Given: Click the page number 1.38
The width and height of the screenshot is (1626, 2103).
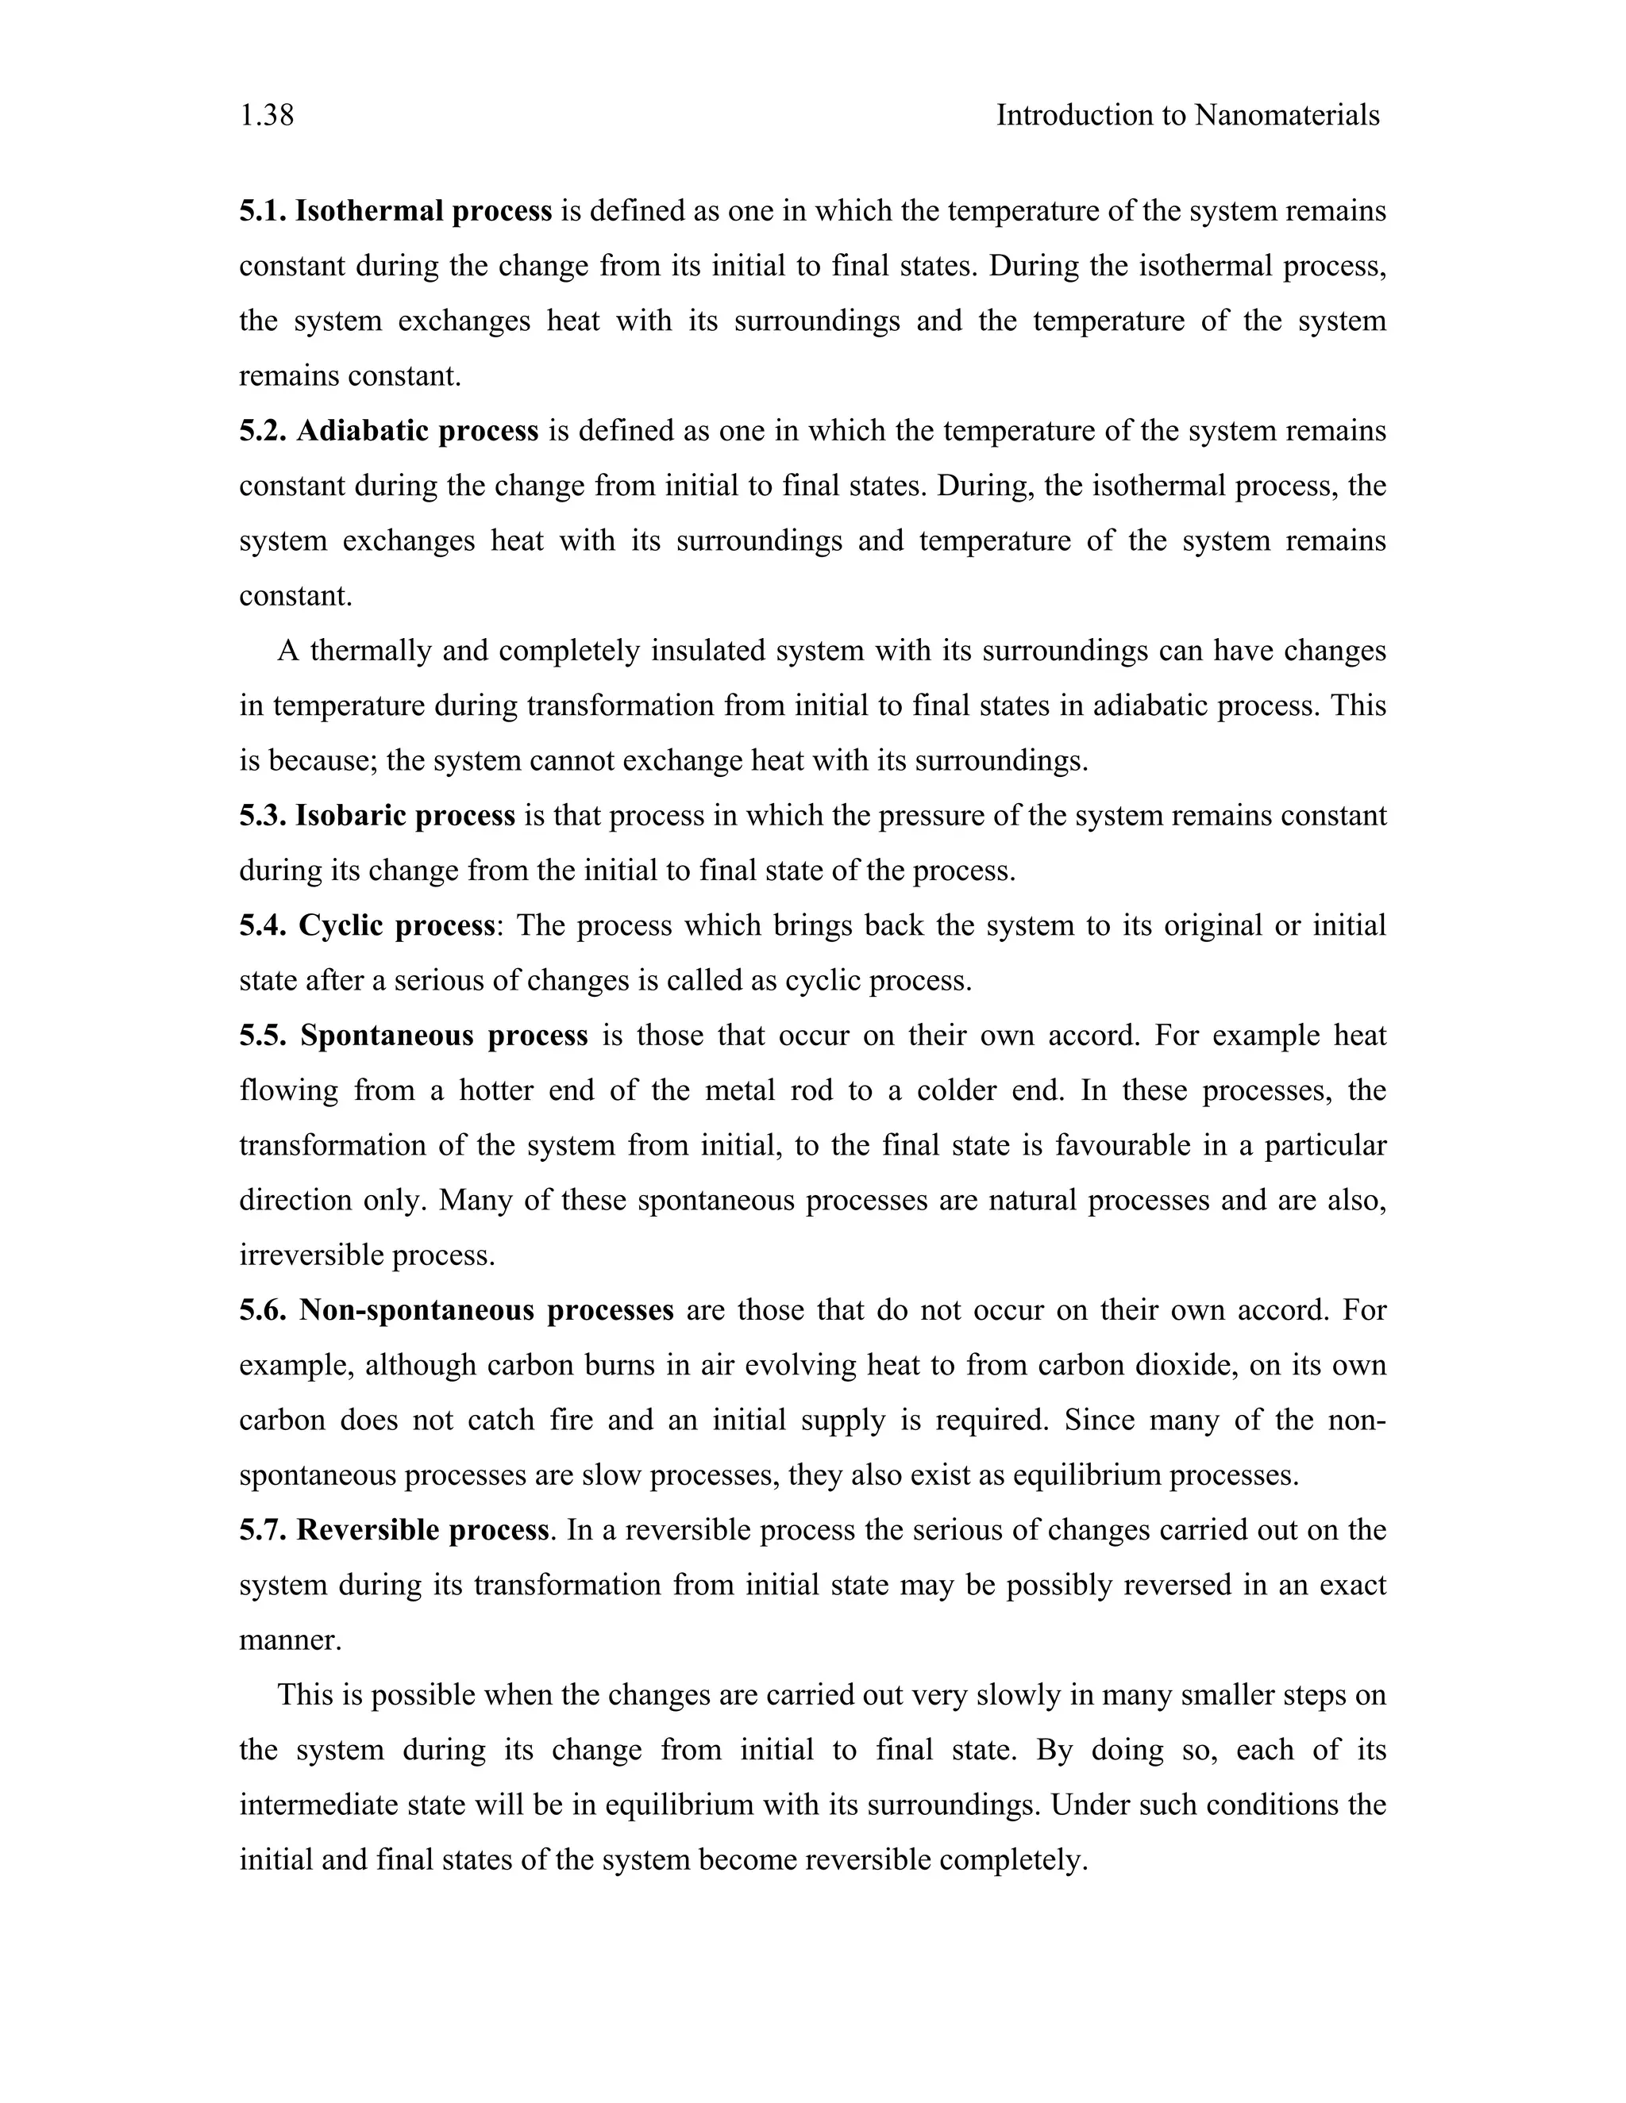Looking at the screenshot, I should click(267, 116).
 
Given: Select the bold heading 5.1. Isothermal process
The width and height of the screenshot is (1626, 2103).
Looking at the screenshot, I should click(395, 211).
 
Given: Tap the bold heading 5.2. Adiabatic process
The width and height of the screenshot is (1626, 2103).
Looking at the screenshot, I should click(388, 430).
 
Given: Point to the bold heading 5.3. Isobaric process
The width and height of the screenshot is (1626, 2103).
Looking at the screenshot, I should click(376, 816).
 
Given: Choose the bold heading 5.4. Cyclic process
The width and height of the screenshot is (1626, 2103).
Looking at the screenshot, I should click(367, 925).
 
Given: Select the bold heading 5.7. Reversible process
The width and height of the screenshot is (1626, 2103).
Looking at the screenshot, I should click(393, 1530).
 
